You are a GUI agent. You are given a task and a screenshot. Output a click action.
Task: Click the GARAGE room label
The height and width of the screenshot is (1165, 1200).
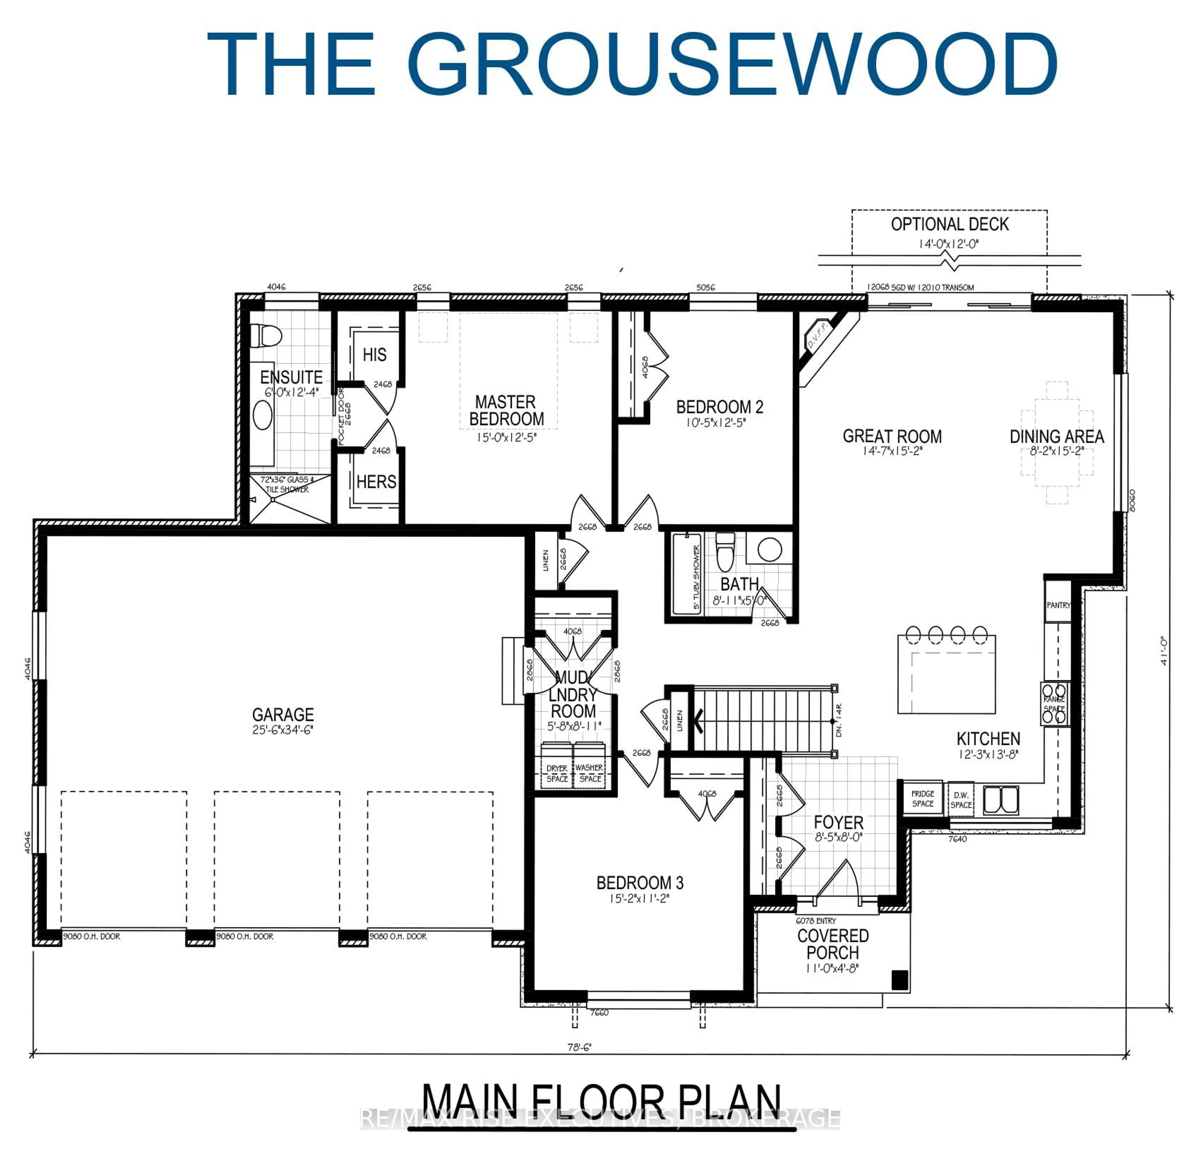point(283,714)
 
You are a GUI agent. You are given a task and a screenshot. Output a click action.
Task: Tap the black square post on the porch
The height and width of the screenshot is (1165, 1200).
point(899,980)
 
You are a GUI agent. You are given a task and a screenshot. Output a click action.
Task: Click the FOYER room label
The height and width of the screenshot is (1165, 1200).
point(838,822)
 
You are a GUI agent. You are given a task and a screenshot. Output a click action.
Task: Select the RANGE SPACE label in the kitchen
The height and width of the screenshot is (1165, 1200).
point(1054,704)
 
